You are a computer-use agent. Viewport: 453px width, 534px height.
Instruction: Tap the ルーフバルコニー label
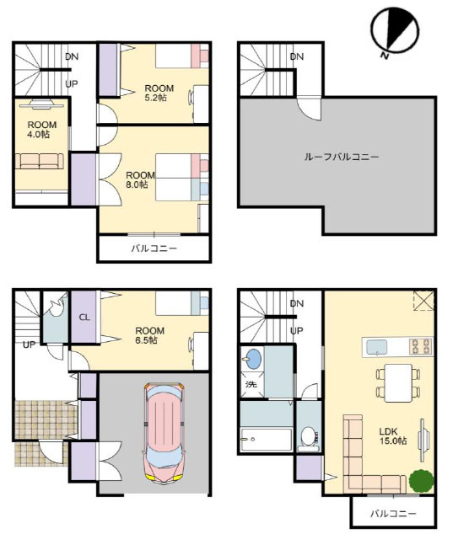point(341,157)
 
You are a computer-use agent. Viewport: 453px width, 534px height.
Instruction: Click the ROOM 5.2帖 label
point(159,93)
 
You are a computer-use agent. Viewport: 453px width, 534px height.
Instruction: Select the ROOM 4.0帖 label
point(42,130)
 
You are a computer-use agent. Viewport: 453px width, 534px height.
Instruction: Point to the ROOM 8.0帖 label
point(140,179)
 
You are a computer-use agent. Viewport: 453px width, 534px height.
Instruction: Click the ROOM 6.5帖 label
point(150,335)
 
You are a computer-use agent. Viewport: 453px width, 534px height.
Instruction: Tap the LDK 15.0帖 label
point(393,436)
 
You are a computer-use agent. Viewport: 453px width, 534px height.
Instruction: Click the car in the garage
point(164,433)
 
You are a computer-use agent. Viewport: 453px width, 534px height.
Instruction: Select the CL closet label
point(84,318)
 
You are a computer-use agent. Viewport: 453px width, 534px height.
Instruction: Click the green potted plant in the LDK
point(422,481)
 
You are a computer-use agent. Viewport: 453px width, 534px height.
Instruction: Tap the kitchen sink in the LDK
point(377,347)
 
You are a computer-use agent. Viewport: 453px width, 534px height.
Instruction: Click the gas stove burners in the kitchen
point(421,347)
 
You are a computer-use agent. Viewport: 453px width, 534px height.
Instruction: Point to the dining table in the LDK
point(398,382)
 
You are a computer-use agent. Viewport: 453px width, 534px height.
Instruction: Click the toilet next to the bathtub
point(309,438)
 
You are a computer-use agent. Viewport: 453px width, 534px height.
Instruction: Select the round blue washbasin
point(253,359)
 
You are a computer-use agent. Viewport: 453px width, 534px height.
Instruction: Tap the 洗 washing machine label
point(251,384)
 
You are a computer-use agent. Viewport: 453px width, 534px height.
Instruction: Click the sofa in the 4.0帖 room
point(40,161)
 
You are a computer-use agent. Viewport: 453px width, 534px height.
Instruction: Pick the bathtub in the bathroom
point(266,440)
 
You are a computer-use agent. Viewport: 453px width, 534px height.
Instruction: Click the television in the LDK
point(423,440)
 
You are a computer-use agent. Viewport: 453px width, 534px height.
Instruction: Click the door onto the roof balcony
point(309,109)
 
